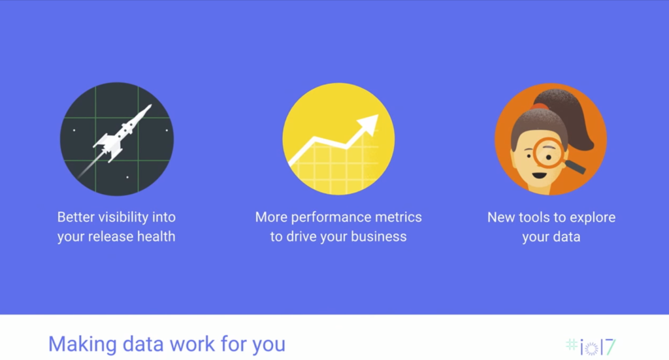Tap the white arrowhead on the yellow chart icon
point(370,125)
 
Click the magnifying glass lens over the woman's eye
point(548,153)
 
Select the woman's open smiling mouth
point(539,175)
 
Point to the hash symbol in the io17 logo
point(572,344)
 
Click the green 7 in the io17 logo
point(611,347)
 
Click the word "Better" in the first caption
point(76,217)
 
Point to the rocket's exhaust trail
point(90,165)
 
